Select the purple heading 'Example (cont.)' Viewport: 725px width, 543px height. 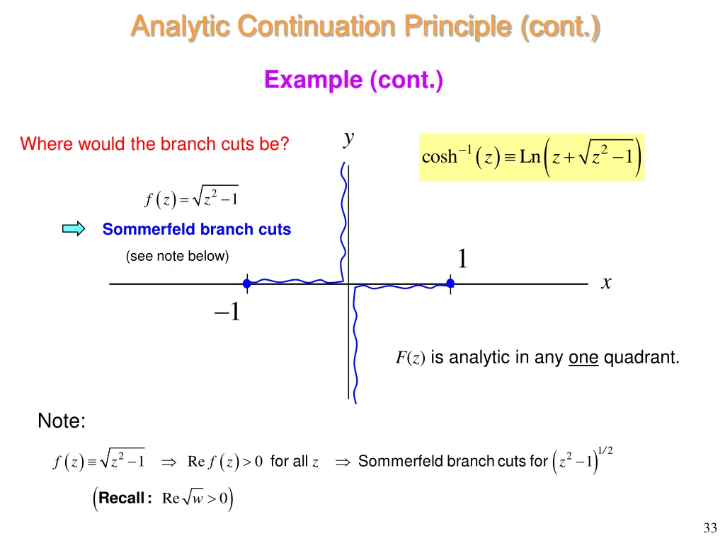(354, 80)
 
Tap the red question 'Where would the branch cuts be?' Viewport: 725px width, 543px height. (154, 144)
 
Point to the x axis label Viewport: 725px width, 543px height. (606, 283)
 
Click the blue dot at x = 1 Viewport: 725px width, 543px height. (450, 284)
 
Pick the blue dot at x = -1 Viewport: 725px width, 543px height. (247, 284)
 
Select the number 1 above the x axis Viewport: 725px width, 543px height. (462, 259)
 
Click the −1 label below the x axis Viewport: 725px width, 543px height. (227, 311)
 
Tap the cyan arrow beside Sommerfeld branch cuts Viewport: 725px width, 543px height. (73, 228)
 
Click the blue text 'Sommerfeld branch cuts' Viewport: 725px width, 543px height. (197, 229)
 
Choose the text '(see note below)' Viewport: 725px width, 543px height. (177, 256)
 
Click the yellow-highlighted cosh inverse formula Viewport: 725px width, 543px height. (532, 157)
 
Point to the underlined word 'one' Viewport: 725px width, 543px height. (583, 358)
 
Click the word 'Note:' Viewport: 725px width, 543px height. (62, 422)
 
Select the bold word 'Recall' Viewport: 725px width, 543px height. (122, 498)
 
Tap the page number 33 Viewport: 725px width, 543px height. (710, 527)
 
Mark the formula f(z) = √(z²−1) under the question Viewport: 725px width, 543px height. (191, 199)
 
